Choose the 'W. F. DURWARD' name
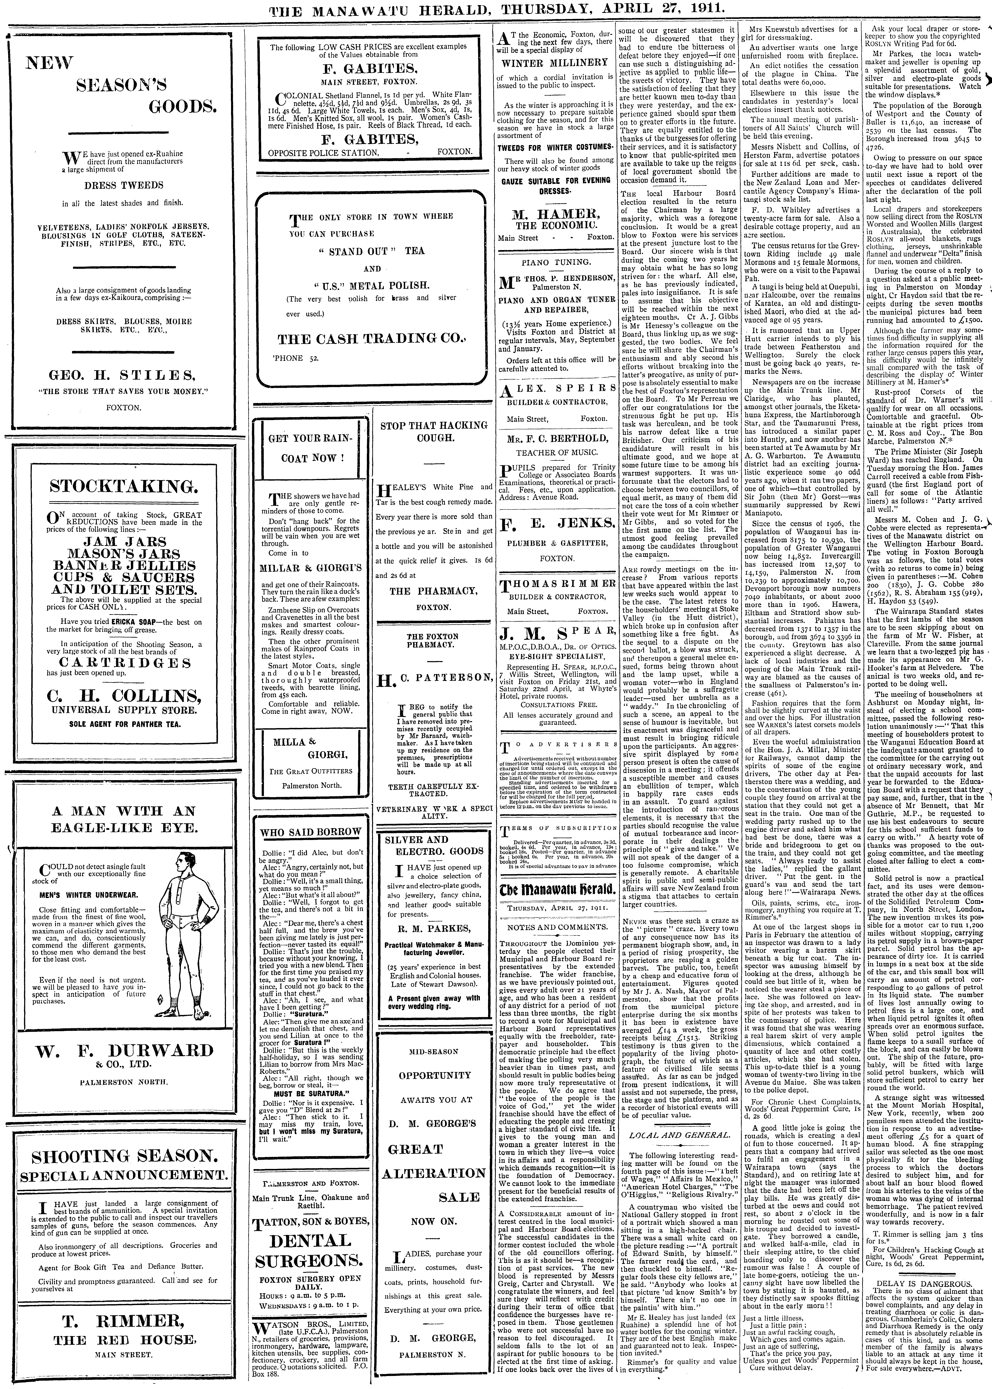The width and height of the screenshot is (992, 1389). [x=125, y=1050]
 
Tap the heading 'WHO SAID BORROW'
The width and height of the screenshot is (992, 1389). [x=310, y=831]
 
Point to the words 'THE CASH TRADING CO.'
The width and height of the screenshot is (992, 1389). [x=371, y=339]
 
